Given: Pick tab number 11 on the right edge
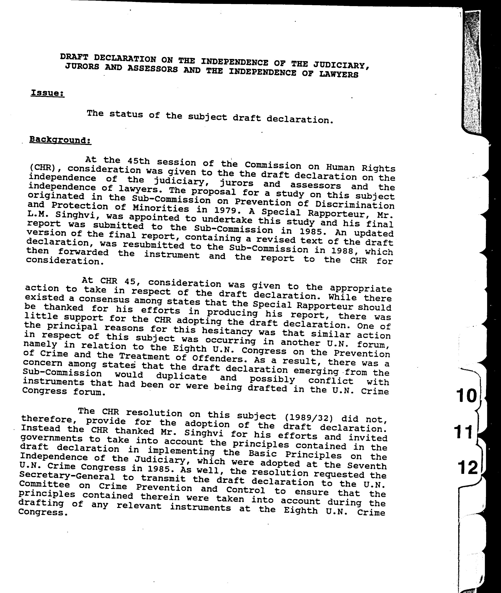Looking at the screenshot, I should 464,432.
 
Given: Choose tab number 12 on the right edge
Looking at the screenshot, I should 468,467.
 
